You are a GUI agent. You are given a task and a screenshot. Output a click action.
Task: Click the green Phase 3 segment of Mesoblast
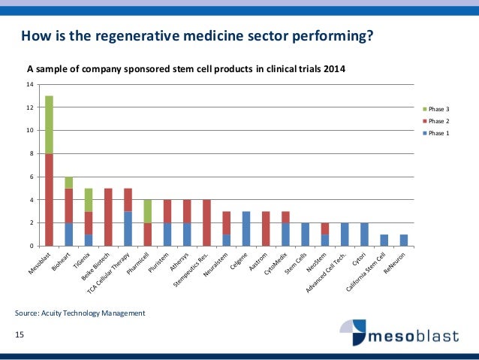pyautogui.click(x=49, y=124)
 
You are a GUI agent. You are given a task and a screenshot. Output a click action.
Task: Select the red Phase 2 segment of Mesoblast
pyautogui.click(x=49, y=199)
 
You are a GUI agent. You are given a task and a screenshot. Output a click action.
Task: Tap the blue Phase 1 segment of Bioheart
pyautogui.click(x=68, y=234)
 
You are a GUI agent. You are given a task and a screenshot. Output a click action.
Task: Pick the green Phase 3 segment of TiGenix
pyautogui.click(x=88, y=199)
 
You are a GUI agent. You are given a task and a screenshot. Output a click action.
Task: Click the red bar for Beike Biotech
pyautogui.click(x=107, y=217)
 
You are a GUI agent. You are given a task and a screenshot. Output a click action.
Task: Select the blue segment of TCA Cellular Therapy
pyautogui.click(x=127, y=228)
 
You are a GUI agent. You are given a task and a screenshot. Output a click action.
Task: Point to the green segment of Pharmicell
pyautogui.click(x=147, y=211)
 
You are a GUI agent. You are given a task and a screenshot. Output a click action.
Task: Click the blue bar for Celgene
pyautogui.click(x=246, y=228)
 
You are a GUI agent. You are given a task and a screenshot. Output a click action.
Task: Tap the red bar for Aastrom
pyautogui.click(x=265, y=228)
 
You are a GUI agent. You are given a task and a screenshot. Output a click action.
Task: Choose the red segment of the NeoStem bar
pyautogui.click(x=324, y=228)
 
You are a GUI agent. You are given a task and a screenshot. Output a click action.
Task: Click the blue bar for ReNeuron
pyautogui.click(x=403, y=241)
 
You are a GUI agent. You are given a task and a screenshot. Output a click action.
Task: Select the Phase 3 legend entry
pyautogui.click(x=435, y=110)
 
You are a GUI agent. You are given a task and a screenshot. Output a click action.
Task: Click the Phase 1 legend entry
pyautogui.click(x=435, y=132)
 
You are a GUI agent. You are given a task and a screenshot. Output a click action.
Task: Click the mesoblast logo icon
pyautogui.click(x=352, y=331)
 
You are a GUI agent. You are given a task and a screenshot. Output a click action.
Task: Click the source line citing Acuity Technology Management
pyautogui.click(x=80, y=312)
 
